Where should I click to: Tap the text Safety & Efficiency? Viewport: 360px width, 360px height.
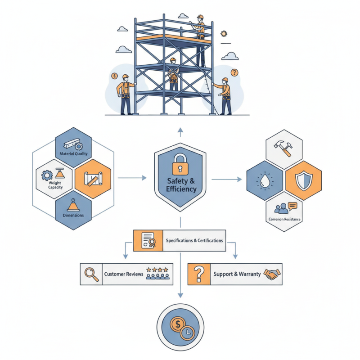[180, 185]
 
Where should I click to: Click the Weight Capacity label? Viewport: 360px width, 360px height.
[54, 185]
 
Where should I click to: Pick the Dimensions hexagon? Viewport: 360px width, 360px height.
[73, 209]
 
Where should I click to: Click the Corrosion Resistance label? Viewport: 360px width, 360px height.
[284, 219]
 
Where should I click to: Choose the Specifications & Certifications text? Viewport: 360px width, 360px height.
[194, 241]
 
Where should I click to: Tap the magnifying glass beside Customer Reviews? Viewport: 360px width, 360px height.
[91, 274]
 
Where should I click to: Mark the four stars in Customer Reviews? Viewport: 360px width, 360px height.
[160, 270]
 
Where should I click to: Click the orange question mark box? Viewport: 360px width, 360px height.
[199, 274]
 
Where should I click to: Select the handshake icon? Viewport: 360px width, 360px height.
[271, 274]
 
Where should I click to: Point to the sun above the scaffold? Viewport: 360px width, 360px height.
[223, 34]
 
